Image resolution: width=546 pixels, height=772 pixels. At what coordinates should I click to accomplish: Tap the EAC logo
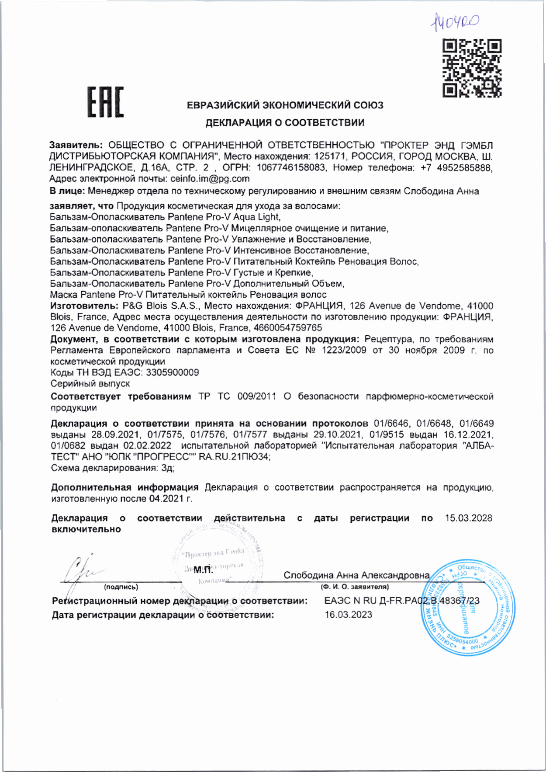105,102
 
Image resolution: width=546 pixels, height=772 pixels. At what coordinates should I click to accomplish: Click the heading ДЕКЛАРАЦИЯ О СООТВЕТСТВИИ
285,122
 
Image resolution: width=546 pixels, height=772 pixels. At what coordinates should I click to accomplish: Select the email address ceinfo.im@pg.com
210,178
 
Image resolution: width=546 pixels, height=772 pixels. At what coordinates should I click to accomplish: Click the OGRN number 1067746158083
291,167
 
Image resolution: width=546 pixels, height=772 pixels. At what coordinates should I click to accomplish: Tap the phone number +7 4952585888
456,167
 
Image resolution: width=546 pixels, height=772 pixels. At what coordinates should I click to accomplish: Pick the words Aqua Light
256,217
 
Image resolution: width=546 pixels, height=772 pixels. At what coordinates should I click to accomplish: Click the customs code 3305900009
172,372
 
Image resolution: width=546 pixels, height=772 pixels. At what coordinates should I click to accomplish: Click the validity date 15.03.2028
468,518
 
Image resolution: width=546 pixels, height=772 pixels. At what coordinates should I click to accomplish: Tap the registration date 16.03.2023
348,615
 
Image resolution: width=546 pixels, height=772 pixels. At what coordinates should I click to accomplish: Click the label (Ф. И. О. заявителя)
354,587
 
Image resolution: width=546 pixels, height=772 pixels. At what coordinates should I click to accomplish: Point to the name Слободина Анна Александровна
356,575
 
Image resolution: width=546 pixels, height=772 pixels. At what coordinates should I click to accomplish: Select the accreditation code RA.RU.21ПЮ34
234,457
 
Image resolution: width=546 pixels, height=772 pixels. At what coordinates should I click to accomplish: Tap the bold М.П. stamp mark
203,570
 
